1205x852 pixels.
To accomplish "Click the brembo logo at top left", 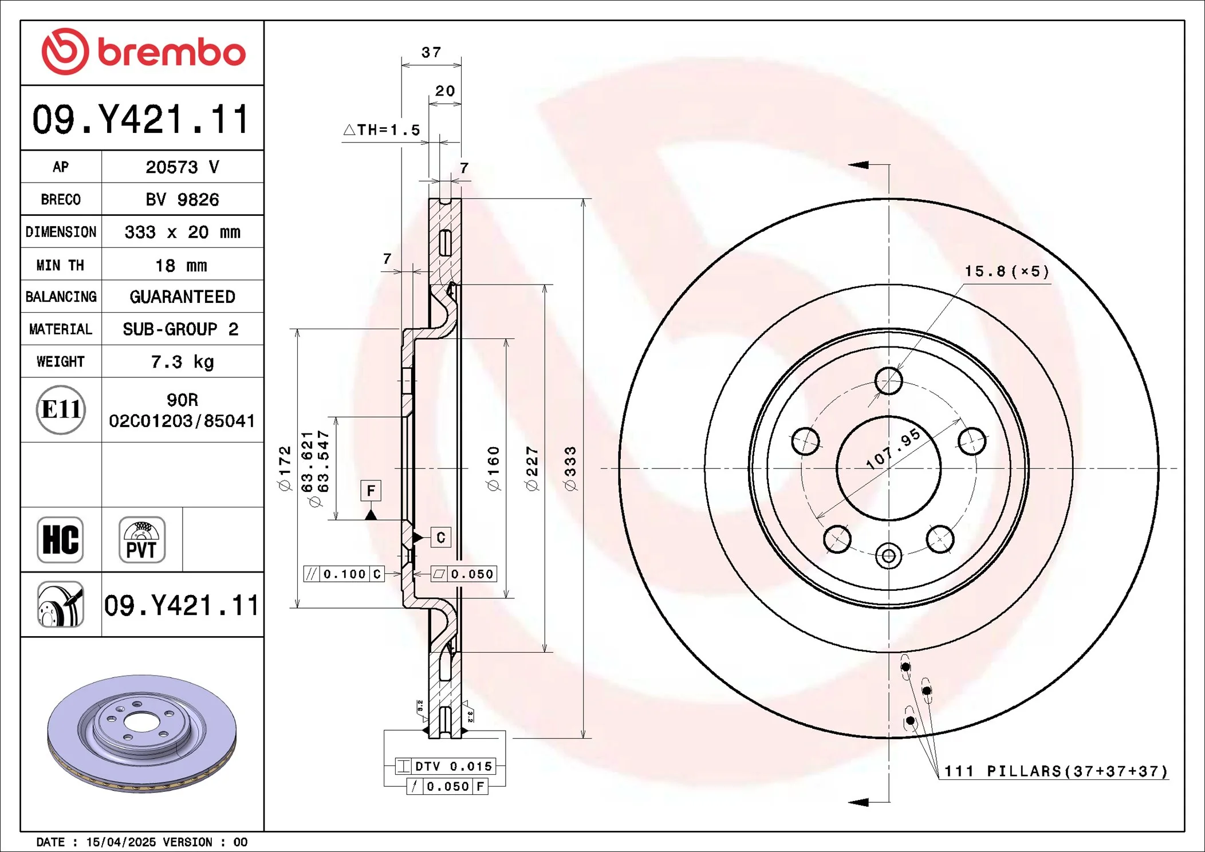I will click(x=143, y=52).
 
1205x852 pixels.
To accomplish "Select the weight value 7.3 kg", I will click(x=182, y=362).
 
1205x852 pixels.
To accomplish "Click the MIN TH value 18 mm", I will click(x=181, y=266).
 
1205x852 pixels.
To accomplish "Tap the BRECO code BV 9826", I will click(x=182, y=200).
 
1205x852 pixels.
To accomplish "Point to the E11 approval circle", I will click(x=61, y=410).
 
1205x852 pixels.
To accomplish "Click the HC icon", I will click(x=60, y=540).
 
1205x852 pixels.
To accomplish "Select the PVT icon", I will click(x=141, y=540).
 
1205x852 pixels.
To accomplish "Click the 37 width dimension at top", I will click(x=431, y=53).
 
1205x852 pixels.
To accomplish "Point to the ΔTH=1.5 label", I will click(x=382, y=130).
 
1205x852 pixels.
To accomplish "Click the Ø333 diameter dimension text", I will click(x=570, y=468).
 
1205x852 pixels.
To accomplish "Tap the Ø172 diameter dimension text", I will click(x=285, y=468).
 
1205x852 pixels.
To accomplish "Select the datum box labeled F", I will click(x=371, y=491).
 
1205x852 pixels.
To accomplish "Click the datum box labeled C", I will click(x=440, y=538).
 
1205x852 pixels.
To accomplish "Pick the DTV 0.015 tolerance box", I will click(x=445, y=766).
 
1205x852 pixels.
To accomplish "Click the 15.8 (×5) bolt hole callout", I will click(x=1006, y=271).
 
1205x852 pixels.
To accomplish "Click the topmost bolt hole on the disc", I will click(x=888, y=381).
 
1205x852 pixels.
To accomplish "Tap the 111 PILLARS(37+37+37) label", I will click(x=1055, y=771).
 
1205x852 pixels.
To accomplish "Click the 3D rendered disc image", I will click(x=141, y=733).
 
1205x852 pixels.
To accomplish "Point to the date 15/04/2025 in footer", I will click(x=121, y=842).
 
